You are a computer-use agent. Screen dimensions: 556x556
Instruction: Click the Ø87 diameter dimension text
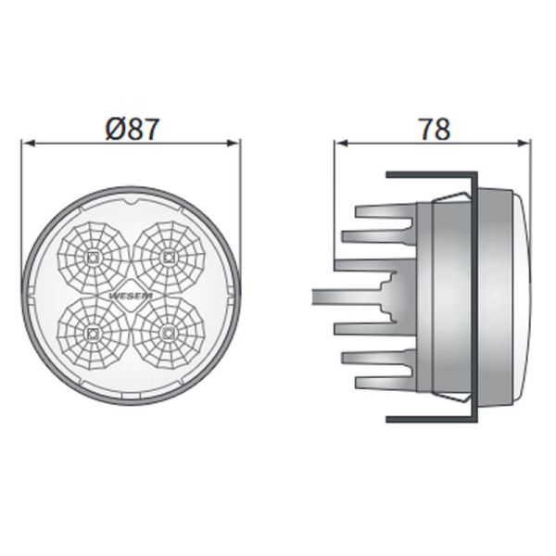131,130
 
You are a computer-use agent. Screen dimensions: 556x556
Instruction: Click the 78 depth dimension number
433,130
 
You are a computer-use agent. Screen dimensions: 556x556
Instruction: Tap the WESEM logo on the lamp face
131,295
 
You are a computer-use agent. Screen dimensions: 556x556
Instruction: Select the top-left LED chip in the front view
93,254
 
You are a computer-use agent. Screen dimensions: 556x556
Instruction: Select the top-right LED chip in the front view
169,254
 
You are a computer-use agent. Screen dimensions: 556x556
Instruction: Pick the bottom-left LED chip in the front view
93,331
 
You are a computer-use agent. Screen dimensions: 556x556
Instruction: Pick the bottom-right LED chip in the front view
169,331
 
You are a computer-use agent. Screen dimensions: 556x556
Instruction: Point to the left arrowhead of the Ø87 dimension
27,144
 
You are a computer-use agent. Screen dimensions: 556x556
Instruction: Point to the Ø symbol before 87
113,130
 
